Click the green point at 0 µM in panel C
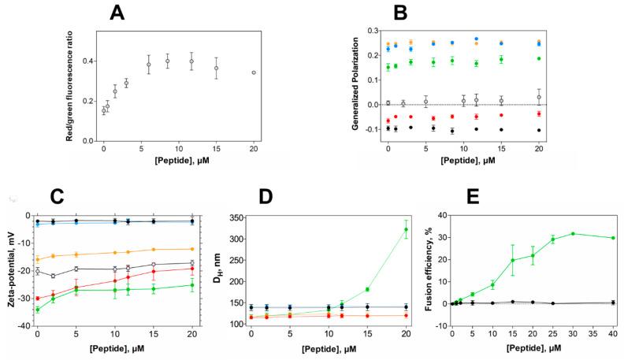[x=37, y=310]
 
